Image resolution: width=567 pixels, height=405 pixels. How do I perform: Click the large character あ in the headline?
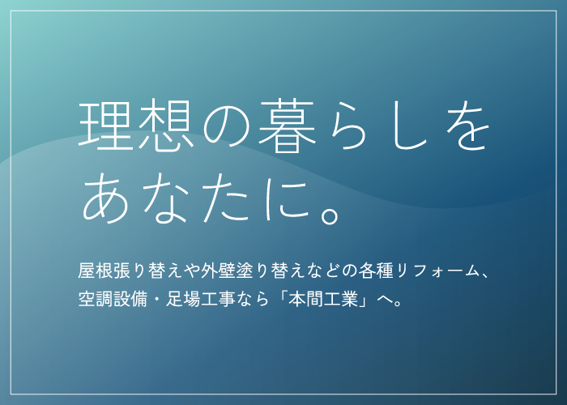click(x=104, y=199)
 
